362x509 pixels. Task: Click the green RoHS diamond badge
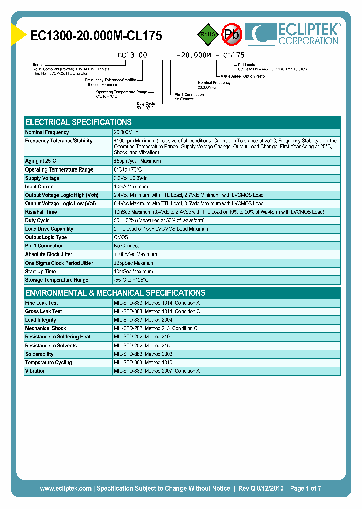[207, 34]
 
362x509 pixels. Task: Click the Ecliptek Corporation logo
[297, 34]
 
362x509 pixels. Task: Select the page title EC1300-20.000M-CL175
[96, 36]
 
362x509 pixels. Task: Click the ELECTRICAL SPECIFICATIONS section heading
[78, 122]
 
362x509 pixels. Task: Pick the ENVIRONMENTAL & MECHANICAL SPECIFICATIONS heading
[115, 293]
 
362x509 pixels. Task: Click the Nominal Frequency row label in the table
[47, 132]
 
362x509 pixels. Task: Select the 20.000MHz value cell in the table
[126, 132]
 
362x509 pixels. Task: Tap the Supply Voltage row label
[42, 178]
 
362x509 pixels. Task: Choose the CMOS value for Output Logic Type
[121, 237]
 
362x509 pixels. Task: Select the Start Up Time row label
[41, 271]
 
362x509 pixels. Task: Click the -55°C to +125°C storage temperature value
[131, 280]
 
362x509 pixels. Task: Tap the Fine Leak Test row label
[42, 303]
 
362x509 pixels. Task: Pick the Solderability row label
[39, 354]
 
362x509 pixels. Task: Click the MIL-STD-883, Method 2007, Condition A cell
[157, 371]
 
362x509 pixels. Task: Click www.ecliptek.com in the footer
[65, 488]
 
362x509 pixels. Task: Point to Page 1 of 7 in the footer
[305, 488]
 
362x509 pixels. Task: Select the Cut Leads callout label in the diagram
[247, 64]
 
